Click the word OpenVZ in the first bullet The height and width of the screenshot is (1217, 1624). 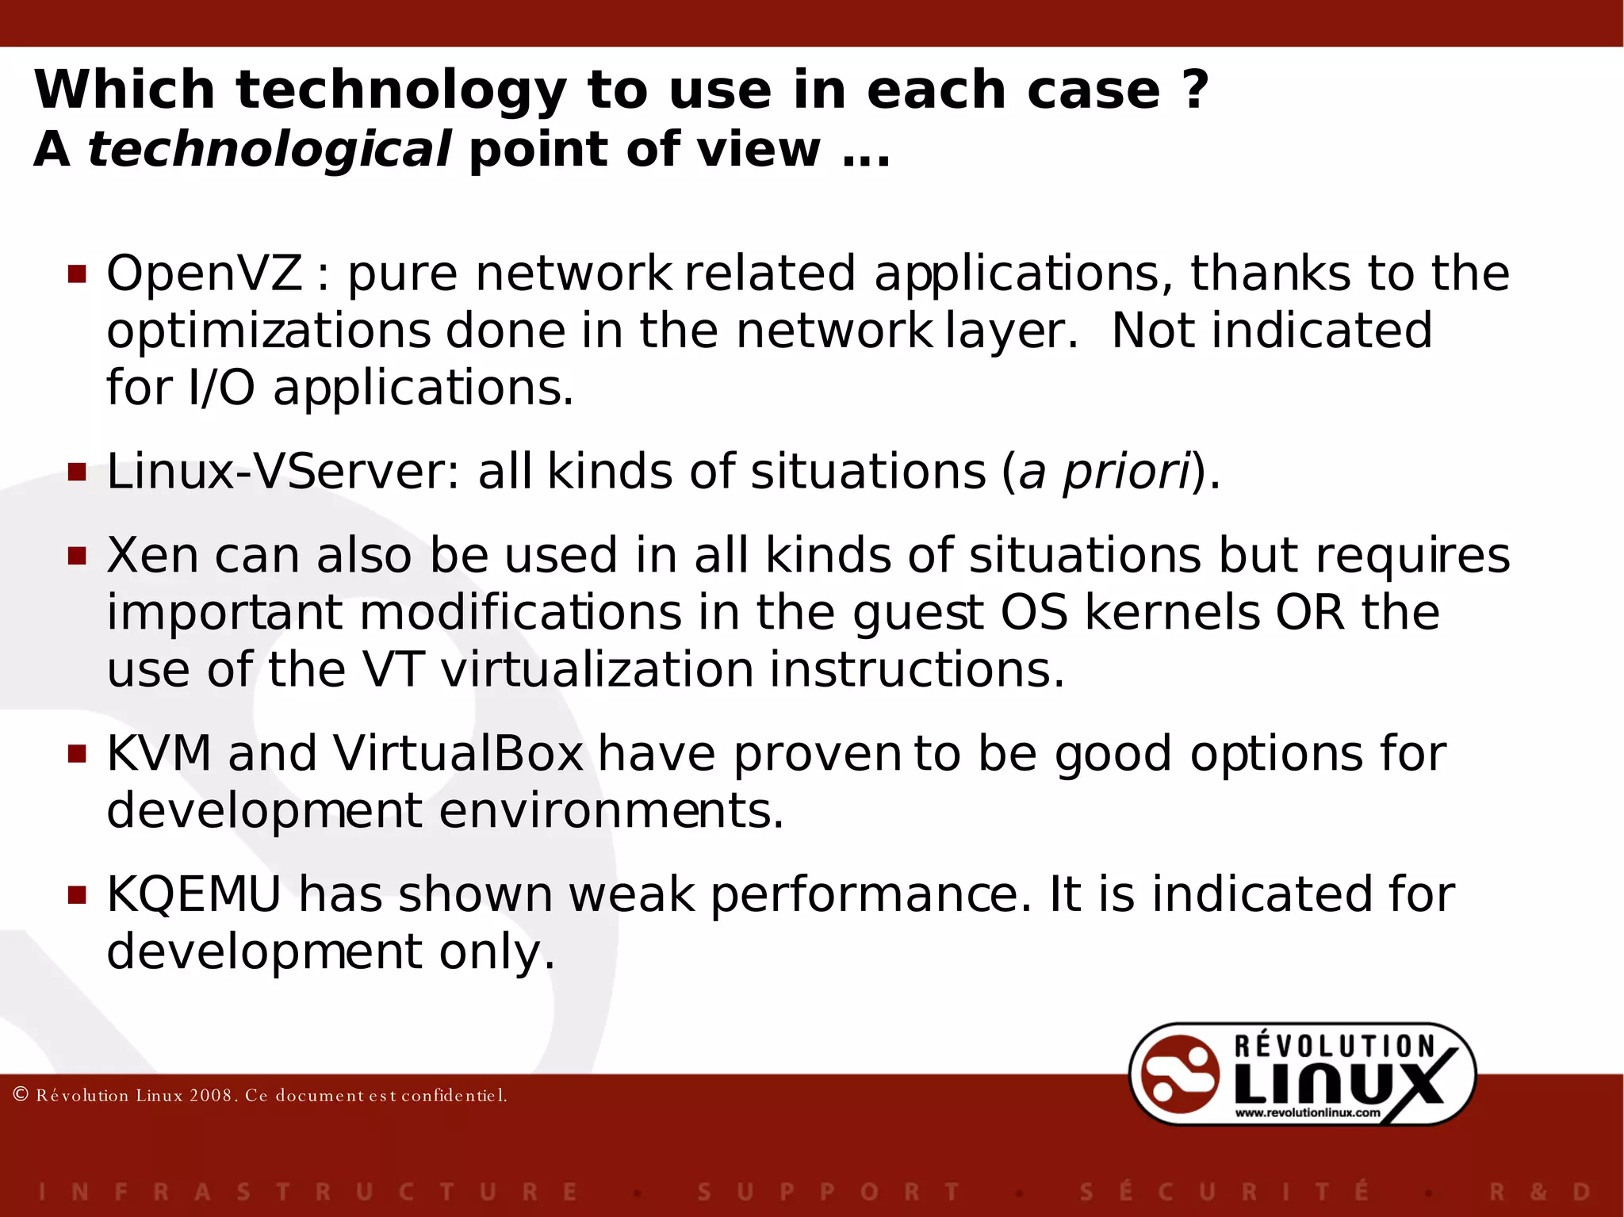click(204, 274)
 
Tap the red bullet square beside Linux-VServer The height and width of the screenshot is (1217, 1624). click(77, 473)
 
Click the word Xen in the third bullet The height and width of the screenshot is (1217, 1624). click(152, 555)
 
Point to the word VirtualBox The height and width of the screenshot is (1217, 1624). click(458, 753)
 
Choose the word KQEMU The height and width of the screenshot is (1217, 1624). click(193, 894)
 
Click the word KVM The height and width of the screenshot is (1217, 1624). click(159, 753)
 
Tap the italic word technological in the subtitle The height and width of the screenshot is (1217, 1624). click(270, 149)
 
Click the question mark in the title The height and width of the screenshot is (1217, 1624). click(1194, 90)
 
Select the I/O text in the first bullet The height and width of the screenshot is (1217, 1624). click(221, 388)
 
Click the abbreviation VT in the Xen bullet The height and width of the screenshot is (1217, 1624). click(393, 670)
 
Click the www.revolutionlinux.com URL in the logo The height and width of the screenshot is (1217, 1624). click(1308, 1112)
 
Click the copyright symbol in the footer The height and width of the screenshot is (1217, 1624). click(21, 1095)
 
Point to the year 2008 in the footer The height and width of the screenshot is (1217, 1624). click(210, 1096)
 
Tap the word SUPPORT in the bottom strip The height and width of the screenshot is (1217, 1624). click(829, 1192)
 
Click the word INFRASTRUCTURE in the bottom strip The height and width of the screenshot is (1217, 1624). click(309, 1192)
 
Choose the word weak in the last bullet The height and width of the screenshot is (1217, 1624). click(631, 894)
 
